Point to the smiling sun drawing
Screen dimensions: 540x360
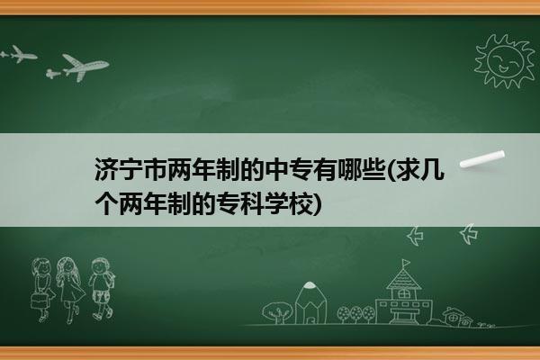tap(504, 61)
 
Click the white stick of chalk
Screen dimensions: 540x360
tap(482, 159)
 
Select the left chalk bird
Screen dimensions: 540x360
tap(415, 236)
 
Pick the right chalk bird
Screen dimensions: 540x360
tap(469, 234)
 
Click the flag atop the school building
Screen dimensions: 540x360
tap(406, 263)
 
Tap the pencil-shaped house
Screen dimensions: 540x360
tap(310, 303)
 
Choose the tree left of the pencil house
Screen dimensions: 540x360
tap(277, 312)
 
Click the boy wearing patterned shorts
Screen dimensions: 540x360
tap(101, 289)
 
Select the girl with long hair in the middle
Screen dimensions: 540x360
tap(70, 290)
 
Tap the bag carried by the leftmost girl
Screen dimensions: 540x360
tap(39, 301)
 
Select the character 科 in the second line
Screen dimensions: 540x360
tap(252, 203)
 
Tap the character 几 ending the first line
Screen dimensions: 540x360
tap(433, 169)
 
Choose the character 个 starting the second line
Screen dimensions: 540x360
tap(106, 203)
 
